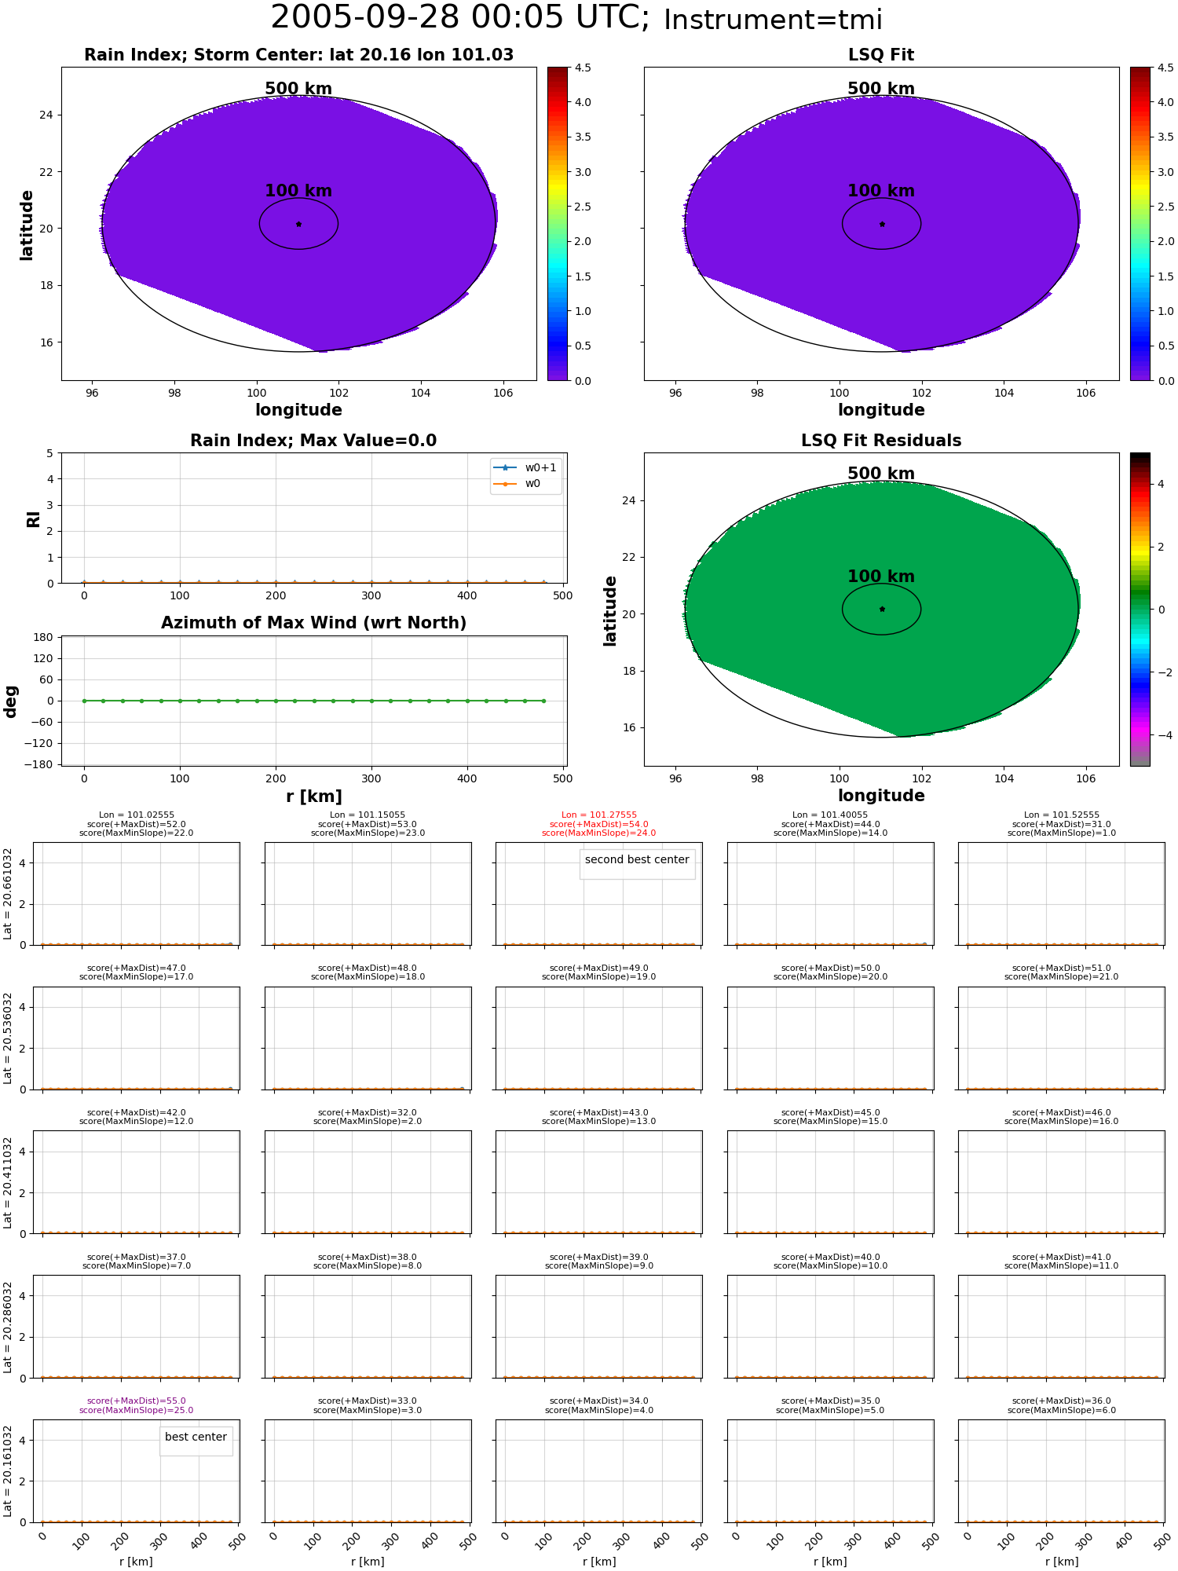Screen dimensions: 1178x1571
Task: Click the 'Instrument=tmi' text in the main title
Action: coord(773,20)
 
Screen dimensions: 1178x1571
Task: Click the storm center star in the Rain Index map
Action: coord(298,224)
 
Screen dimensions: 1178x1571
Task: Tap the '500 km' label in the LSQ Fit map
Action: coord(881,89)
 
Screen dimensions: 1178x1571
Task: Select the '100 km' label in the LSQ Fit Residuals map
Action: coord(881,577)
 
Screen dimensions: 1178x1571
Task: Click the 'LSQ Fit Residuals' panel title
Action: coord(881,441)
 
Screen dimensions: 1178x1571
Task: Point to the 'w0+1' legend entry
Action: coord(540,467)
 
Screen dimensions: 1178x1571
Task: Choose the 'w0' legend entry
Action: coord(532,484)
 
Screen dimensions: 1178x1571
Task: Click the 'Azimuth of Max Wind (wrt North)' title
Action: coord(313,623)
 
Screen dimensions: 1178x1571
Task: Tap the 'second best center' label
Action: coord(637,860)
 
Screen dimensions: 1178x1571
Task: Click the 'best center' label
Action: coord(196,1437)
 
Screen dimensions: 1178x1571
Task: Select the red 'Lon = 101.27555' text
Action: coord(599,815)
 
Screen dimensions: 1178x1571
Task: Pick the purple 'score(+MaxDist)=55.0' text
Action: coord(137,1401)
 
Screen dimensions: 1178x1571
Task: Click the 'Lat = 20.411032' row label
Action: coord(8,1182)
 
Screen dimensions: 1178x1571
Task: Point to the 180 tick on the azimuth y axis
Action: coord(42,637)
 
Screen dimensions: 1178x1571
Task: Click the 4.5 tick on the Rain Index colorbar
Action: coord(583,68)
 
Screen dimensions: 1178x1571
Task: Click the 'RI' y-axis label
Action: coord(33,518)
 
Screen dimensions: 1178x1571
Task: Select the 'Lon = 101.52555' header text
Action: coord(1062,815)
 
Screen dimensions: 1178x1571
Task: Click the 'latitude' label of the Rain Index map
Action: coord(27,225)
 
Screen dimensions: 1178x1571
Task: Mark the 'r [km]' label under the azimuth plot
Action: coord(313,796)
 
